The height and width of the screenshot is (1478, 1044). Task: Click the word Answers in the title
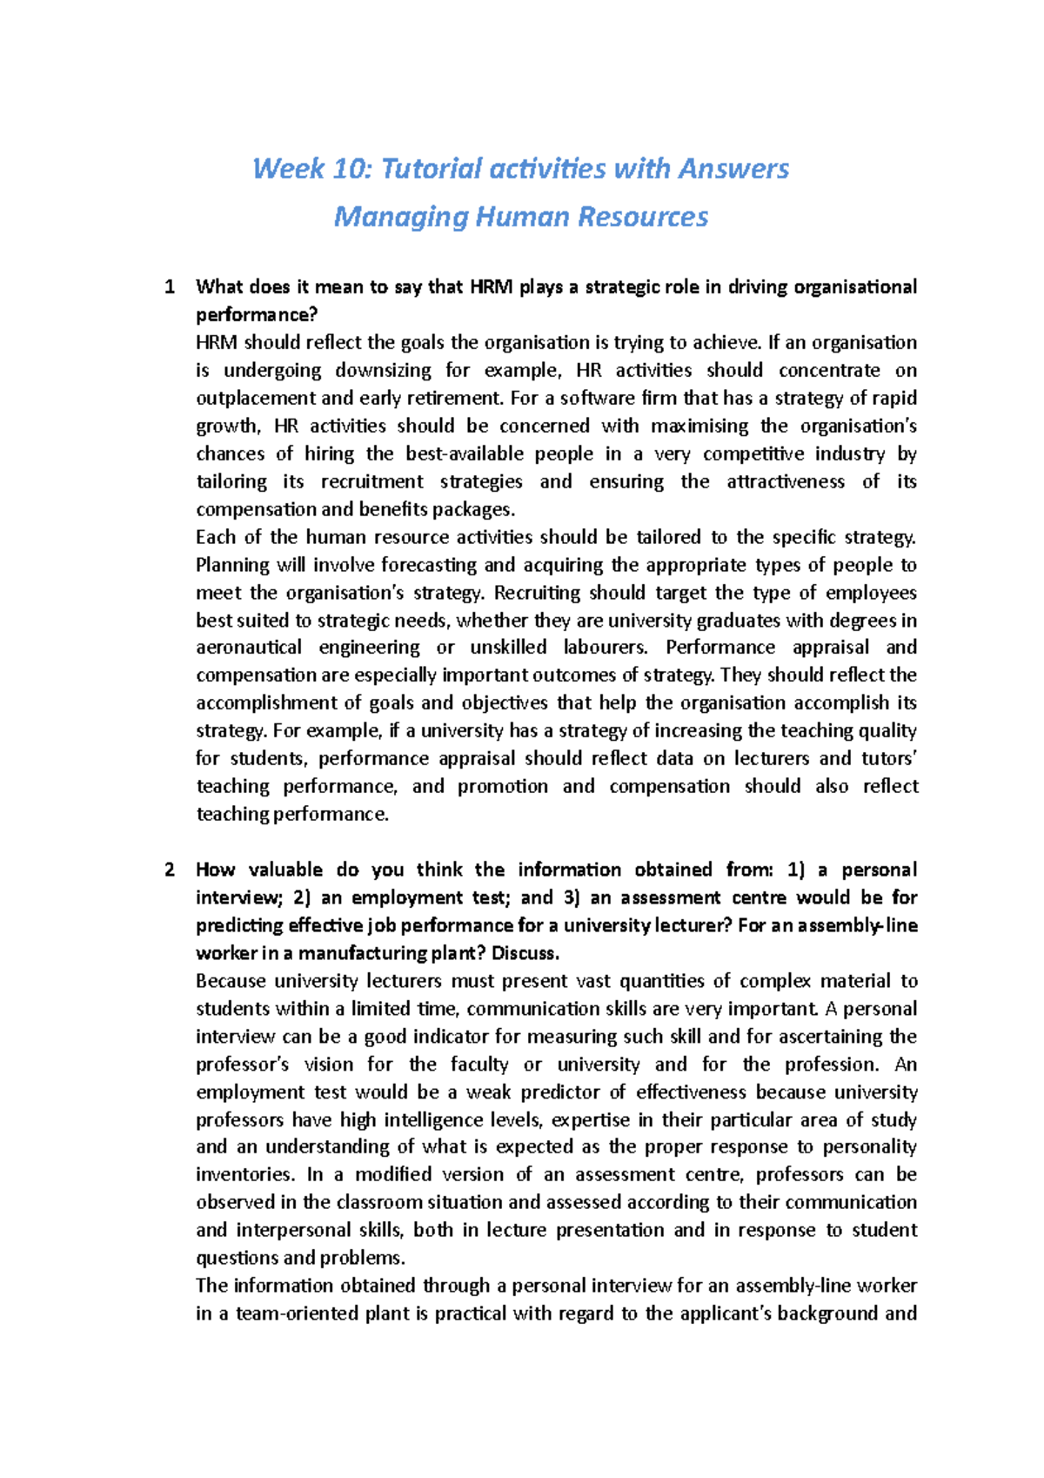733,169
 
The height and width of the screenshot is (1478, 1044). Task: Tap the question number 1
169,287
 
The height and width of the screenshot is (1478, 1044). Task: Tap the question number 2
169,870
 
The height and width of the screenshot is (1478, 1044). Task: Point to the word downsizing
383,371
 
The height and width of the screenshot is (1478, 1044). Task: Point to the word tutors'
889,759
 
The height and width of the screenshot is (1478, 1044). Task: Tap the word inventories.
244,1175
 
